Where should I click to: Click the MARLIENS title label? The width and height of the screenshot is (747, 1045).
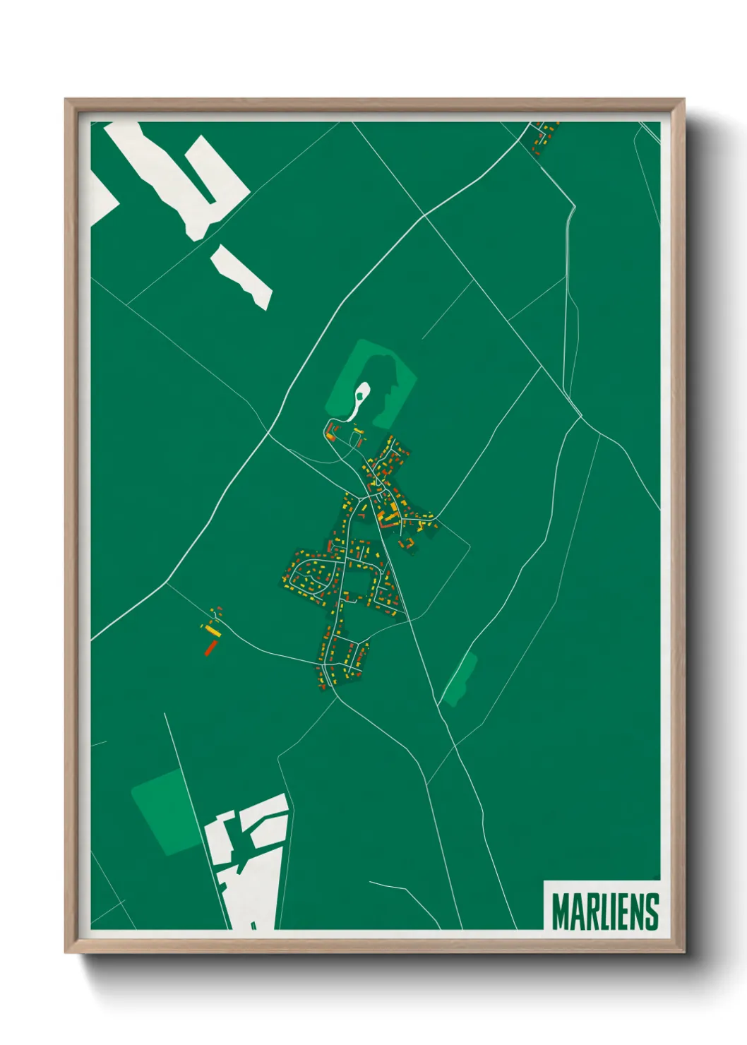pyautogui.click(x=605, y=912)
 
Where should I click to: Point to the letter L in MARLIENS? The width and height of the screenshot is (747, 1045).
pyautogui.click(x=599, y=912)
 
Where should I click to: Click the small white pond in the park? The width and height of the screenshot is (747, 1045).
pyautogui.click(x=359, y=400)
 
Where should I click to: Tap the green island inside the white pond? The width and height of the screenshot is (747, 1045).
pyautogui.click(x=359, y=397)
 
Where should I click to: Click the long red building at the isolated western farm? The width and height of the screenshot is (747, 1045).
pyautogui.click(x=210, y=647)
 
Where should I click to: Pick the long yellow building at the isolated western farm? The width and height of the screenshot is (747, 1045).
pyautogui.click(x=211, y=630)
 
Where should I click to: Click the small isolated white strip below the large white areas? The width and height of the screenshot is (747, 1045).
pyautogui.click(x=241, y=277)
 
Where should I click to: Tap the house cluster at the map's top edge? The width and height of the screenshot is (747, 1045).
pyautogui.click(x=543, y=136)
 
